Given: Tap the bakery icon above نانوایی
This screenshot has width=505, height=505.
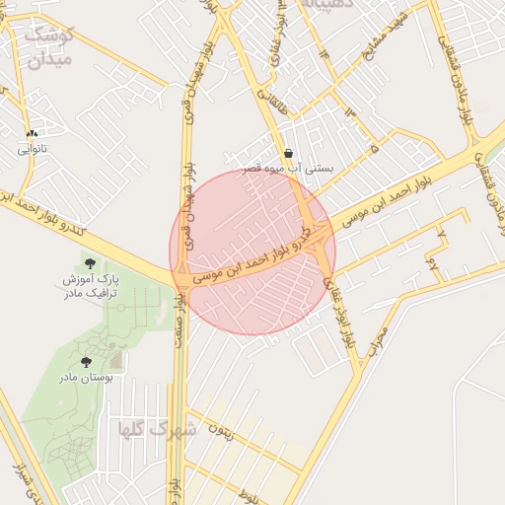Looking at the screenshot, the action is click(x=33, y=133).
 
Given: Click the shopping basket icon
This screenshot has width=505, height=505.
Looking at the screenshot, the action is click(x=288, y=153).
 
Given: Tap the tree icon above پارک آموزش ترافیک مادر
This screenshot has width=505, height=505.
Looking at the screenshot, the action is click(x=91, y=263).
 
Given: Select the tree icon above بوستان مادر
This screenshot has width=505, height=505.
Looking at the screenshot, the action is click(x=86, y=362).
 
